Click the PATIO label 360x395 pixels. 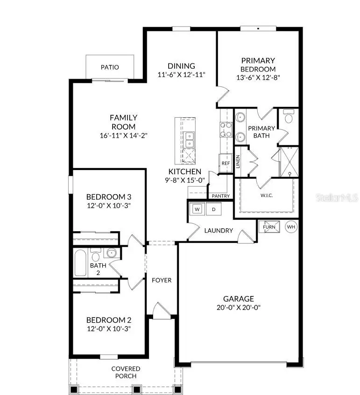tap(110, 67)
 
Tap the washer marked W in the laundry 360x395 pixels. tap(197, 209)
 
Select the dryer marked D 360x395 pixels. tap(213, 209)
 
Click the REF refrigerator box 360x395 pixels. tap(226, 163)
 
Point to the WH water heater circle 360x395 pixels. tap(291, 227)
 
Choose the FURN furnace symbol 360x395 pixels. tap(269, 227)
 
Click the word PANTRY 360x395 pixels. tap(220, 196)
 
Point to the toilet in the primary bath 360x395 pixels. tap(288, 117)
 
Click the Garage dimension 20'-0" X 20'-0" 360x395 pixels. tap(238, 307)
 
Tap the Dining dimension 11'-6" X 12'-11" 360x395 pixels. tap(182, 74)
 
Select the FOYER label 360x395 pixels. tap(162, 281)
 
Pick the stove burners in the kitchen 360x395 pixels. tap(226, 129)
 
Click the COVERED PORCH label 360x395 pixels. tap(126, 372)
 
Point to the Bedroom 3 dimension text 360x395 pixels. tap(108, 205)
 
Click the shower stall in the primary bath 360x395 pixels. tap(289, 162)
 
